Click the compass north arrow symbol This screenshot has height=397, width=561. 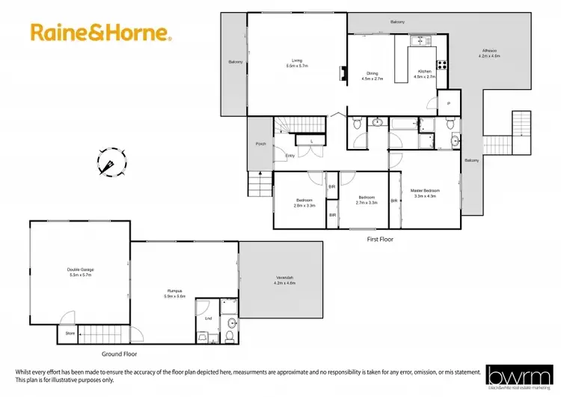point(109,162)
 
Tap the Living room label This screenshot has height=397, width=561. point(297,63)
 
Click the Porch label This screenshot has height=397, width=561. point(261,144)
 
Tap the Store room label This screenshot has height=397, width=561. point(70,333)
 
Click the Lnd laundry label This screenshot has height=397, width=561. point(208,319)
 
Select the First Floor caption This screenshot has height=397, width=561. point(380,239)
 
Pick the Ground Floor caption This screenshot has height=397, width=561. point(119,354)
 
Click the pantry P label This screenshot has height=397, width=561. point(449,103)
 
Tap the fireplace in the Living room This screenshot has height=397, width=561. point(343,73)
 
